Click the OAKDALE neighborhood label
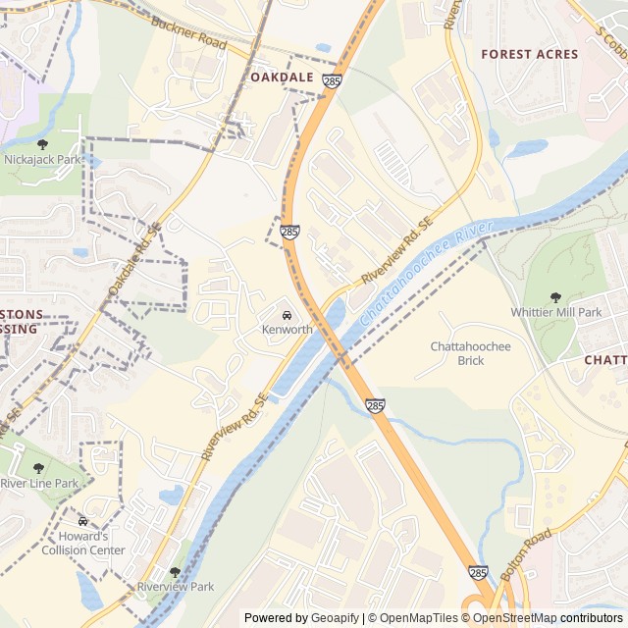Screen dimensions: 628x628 [x=282, y=77]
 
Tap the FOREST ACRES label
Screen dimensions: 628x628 [x=530, y=55]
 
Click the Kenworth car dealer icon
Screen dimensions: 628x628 [x=286, y=315]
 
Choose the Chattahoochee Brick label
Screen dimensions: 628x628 [x=471, y=353]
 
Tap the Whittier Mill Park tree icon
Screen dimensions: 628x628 [x=556, y=296]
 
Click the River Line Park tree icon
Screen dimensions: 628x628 [x=38, y=467]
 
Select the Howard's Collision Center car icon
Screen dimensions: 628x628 [x=82, y=521]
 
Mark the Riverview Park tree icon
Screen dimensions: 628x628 [x=175, y=571]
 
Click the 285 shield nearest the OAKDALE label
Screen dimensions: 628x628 [x=332, y=81]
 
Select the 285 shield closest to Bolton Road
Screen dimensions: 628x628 [x=478, y=572]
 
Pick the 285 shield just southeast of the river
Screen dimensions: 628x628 [x=377, y=405]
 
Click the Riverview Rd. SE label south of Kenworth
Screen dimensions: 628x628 [x=235, y=428]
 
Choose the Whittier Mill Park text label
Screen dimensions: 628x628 [x=556, y=312]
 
